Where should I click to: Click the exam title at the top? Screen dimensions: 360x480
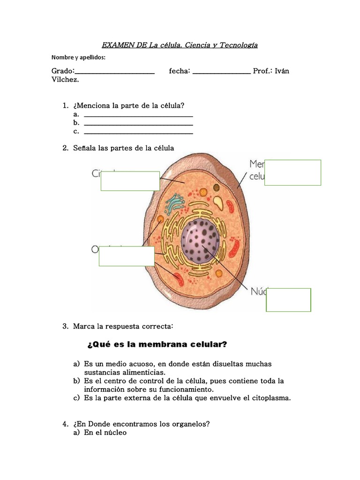[180, 45]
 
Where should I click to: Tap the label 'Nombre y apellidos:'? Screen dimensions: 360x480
[78, 58]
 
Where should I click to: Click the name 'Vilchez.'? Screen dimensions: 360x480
[65, 80]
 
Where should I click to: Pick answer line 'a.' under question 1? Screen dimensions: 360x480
[138, 115]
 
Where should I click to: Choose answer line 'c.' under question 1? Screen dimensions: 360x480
[138, 132]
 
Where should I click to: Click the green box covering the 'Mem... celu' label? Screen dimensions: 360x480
[292, 172]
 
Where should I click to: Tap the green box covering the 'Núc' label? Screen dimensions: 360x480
[288, 300]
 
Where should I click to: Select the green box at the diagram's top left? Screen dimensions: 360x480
[130, 181]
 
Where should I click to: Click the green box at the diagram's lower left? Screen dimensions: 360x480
[127, 256]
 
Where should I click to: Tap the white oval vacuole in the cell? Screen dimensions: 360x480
[218, 202]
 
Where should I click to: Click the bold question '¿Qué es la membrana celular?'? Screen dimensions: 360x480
[157, 345]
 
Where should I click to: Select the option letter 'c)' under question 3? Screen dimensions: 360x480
[76, 398]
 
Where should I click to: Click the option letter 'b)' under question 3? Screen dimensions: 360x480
[76, 381]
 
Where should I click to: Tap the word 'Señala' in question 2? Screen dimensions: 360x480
[84, 148]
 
